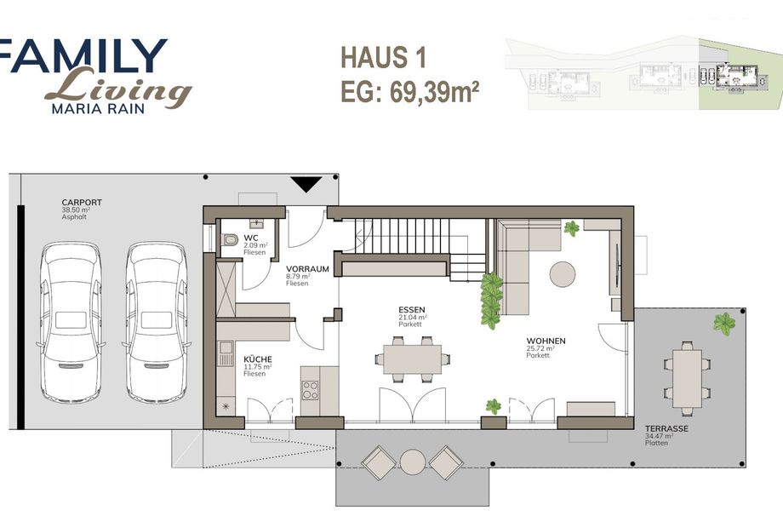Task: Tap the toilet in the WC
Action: (230, 240)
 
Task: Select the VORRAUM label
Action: (307, 269)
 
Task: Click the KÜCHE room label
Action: (258, 359)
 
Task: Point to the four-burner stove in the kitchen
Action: (310, 390)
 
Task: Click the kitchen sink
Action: (226, 353)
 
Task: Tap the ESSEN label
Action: (412, 310)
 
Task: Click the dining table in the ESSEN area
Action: (412, 359)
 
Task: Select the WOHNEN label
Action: (546, 341)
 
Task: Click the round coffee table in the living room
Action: (563, 274)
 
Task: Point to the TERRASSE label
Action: (666, 428)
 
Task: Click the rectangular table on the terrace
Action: (687, 379)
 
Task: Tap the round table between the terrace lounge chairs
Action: (413, 462)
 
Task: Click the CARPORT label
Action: (82, 203)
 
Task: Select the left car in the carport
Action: (71, 322)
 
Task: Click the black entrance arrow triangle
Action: (306, 184)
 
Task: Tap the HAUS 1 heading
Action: (383, 57)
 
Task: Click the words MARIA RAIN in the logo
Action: (98, 108)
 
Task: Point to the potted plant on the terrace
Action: (724, 324)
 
